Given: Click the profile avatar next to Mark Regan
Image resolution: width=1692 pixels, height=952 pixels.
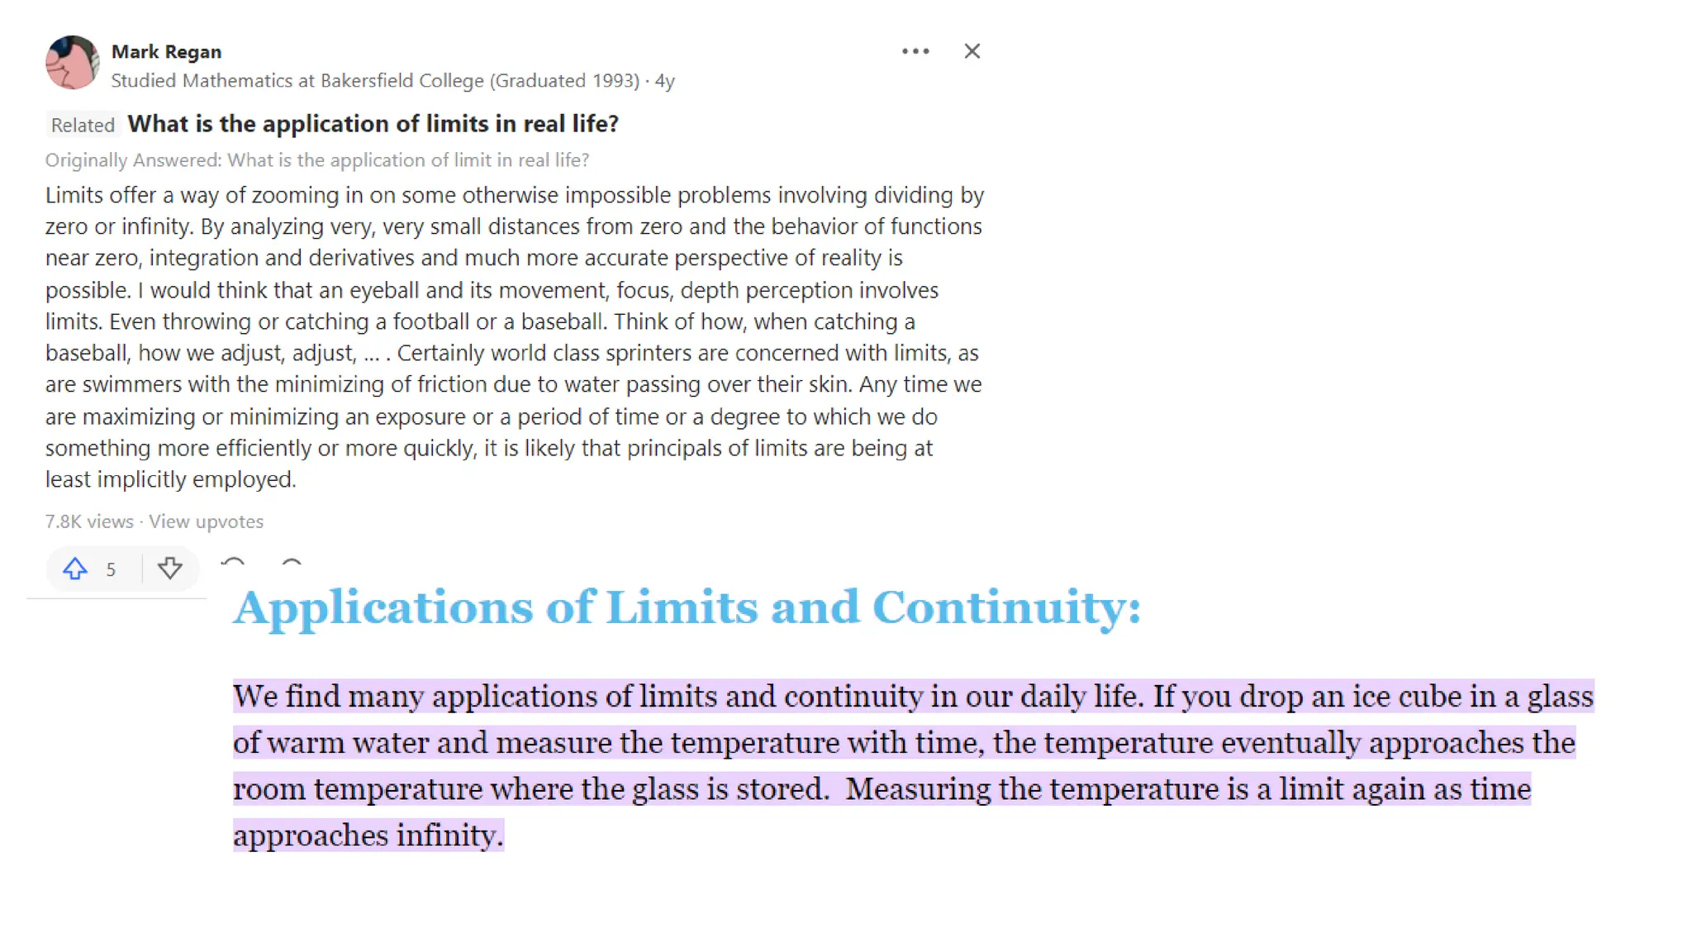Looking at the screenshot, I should pyautogui.click(x=73, y=63).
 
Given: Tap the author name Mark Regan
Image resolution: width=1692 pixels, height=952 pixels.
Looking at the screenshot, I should pyautogui.click(x=166, y=52).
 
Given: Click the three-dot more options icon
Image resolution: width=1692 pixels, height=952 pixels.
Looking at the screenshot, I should pyautogui.click(x=915, y=51).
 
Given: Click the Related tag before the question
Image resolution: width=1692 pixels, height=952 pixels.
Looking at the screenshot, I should pyautogui.click(x=83, y=126).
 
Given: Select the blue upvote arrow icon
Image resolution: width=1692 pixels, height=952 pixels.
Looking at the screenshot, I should pyautogui.click(x=75, y=569).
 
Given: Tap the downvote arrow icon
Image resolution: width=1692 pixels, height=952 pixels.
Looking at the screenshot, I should pyautogui.click(x=170, y=569).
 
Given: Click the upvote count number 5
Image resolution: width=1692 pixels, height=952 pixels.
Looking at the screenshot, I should pyautogui.click(x=111, y=569).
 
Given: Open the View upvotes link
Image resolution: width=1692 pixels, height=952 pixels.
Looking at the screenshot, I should pyautogui.click(x=207, y=521).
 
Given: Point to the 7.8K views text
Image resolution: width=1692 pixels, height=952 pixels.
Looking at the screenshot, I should pyautogui.click(x=89, y=521).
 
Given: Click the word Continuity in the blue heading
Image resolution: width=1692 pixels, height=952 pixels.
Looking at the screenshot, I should pyautogui.click(x=1005, y=607).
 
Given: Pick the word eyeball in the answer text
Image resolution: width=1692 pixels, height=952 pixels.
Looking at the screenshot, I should pyautogui.click(x=384, y=291).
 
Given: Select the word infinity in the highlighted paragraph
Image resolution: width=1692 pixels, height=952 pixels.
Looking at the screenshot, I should pyautogui.click(x=449, y=835).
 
